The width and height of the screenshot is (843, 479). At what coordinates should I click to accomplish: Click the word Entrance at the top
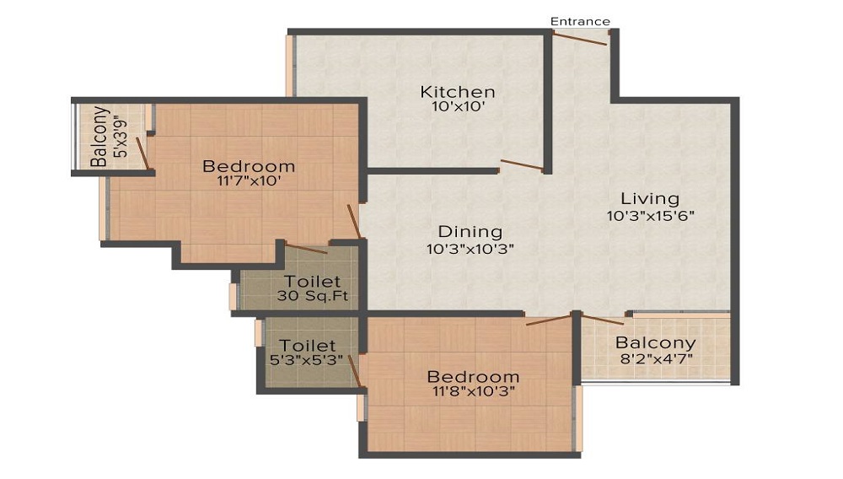click(580, 21)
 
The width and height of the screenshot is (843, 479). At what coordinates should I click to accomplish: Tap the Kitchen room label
click(458, 92)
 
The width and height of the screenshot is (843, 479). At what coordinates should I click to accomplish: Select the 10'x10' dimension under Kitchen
click(458, 107)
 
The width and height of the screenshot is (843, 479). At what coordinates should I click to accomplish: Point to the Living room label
click(650, 199)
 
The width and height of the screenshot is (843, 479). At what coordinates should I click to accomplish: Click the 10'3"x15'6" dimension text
click(650, 215)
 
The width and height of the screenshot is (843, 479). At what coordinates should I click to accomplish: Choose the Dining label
click(470, 232)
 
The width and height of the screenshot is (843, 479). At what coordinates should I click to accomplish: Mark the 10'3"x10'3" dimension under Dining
click(470, 248)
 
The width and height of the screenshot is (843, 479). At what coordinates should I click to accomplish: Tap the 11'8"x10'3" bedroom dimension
click(472, 391)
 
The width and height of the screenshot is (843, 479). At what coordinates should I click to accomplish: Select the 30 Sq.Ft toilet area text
click(313, 296)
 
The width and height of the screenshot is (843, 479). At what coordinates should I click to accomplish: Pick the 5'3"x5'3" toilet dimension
click(308, 361)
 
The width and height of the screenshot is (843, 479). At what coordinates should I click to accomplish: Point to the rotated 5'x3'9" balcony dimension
click(123, 137)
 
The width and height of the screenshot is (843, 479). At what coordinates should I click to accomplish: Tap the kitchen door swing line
click(521, 164)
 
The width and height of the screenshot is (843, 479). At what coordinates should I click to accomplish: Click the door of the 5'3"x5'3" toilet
click(357, 371)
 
